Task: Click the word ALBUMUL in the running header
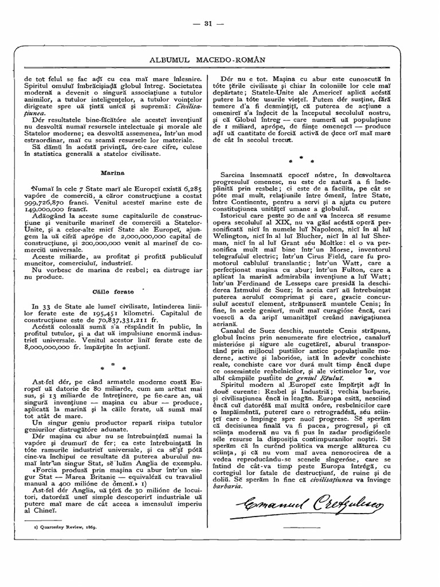[x=172, y=60]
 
